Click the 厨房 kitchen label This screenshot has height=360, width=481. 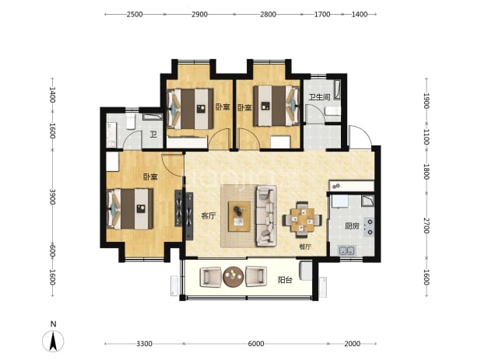pos(352,226)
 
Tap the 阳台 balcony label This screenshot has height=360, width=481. pos(285,280)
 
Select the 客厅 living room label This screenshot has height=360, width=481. pos(209,216)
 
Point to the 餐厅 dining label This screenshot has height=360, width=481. pos(305,246)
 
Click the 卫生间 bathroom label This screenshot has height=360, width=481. pos(319,97)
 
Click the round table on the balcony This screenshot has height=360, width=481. pos(233,277)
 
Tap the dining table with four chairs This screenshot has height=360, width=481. pos(302,219)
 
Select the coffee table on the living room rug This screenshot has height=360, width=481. pos(239,216)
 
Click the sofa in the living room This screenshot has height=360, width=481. pos(266,215)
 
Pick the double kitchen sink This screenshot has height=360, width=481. pos(346,250)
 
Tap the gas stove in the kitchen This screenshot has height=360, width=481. pos(369,227)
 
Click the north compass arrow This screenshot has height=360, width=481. pos(53,341)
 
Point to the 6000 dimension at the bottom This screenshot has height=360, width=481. pos(255,344)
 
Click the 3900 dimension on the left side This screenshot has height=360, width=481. pos(52,197)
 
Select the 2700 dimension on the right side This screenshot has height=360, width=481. pos(427,225)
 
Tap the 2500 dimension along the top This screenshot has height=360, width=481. pos(135,15)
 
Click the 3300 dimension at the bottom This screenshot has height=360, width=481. pos(144,344)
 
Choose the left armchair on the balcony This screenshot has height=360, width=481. pos(211,277)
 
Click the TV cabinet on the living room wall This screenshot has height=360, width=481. pos(189,216)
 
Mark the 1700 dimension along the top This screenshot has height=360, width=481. pos(322,15)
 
